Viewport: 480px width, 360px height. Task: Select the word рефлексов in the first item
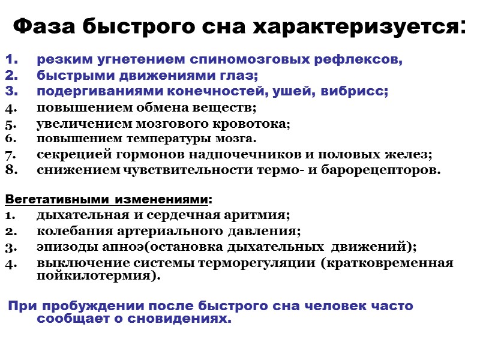pos(364,60)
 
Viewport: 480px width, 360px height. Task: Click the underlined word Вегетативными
pos(58,199)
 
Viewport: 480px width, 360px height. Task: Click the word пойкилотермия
pos(97,277)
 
